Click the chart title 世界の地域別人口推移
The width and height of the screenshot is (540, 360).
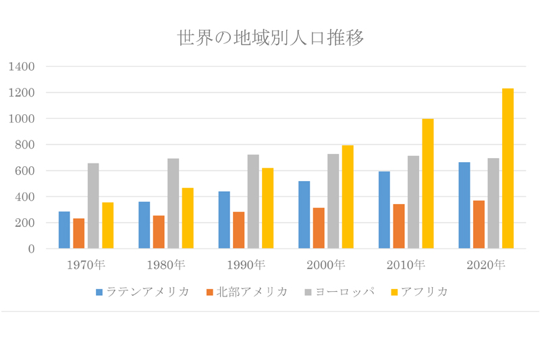click(x=270, y=38)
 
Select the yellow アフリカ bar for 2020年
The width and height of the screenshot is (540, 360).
click(x=508, y=169)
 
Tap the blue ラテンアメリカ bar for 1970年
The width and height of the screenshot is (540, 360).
click(x=64, y=230)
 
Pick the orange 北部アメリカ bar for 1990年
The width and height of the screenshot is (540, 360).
click(x=238, y=230)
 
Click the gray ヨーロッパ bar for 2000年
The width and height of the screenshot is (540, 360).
click(x=333, y=201)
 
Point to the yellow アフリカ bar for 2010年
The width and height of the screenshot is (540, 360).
click(x=427, y=184)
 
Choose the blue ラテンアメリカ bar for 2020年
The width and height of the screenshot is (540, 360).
click(x=464, y=205)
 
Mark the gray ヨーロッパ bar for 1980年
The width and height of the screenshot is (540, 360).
click(x=173, y=203)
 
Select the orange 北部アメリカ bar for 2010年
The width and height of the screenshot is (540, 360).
click(x=398, y=226)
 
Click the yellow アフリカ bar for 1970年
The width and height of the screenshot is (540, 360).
click(x=108, y=226)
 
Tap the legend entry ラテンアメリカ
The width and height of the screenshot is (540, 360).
click(x=142, y=292)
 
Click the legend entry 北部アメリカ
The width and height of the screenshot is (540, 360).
click(x=246, y=292)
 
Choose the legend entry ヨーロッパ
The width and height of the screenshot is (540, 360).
click(x=337, y=292)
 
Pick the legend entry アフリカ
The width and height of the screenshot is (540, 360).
click(x=419, y=292)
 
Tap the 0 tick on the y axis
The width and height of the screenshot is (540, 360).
click(x=31, y=249)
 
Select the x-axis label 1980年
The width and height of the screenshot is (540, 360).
click(x=166, y=265)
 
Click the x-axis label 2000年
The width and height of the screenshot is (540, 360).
click(x=326, y=265)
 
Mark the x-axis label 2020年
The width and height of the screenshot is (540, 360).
click(x=486, y=265)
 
